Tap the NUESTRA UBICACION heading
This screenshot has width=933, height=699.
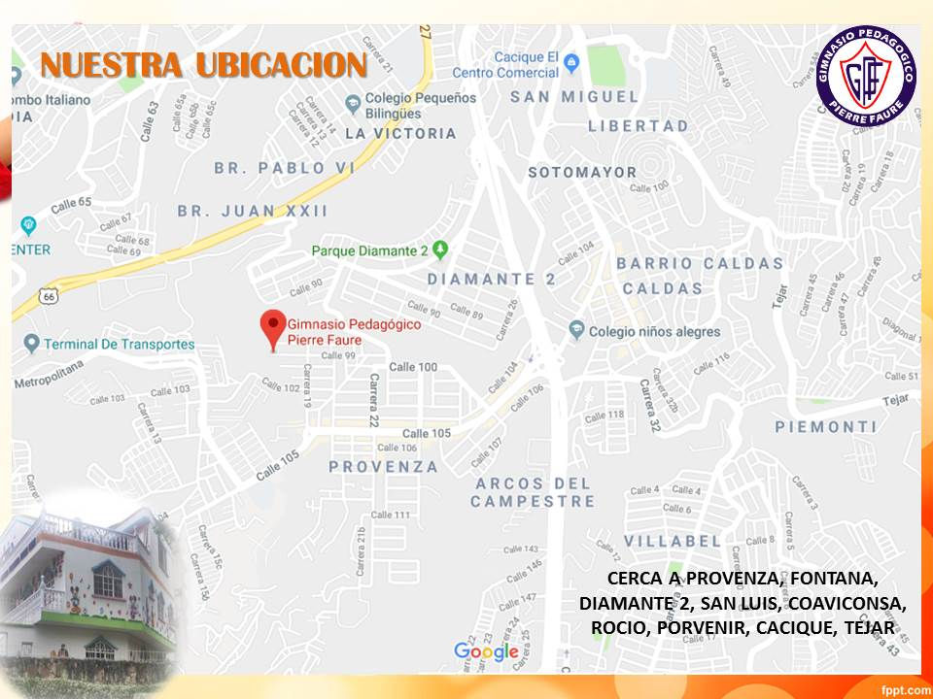203,65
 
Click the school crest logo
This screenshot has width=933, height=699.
866,77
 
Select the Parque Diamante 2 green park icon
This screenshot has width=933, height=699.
440,250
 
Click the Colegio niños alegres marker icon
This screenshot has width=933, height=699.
576,330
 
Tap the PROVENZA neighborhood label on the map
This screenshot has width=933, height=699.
383,467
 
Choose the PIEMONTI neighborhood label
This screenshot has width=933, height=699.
826,427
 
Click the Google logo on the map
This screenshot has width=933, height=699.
486,650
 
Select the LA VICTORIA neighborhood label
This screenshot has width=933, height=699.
400,133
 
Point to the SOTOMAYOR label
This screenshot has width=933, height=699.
582,172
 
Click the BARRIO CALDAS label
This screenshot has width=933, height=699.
700,263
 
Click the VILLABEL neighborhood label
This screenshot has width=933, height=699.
673,541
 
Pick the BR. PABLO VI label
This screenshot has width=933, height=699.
285,168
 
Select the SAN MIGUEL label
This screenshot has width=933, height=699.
574,96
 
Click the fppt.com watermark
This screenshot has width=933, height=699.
904,688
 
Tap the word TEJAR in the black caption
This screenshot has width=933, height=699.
871,628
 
